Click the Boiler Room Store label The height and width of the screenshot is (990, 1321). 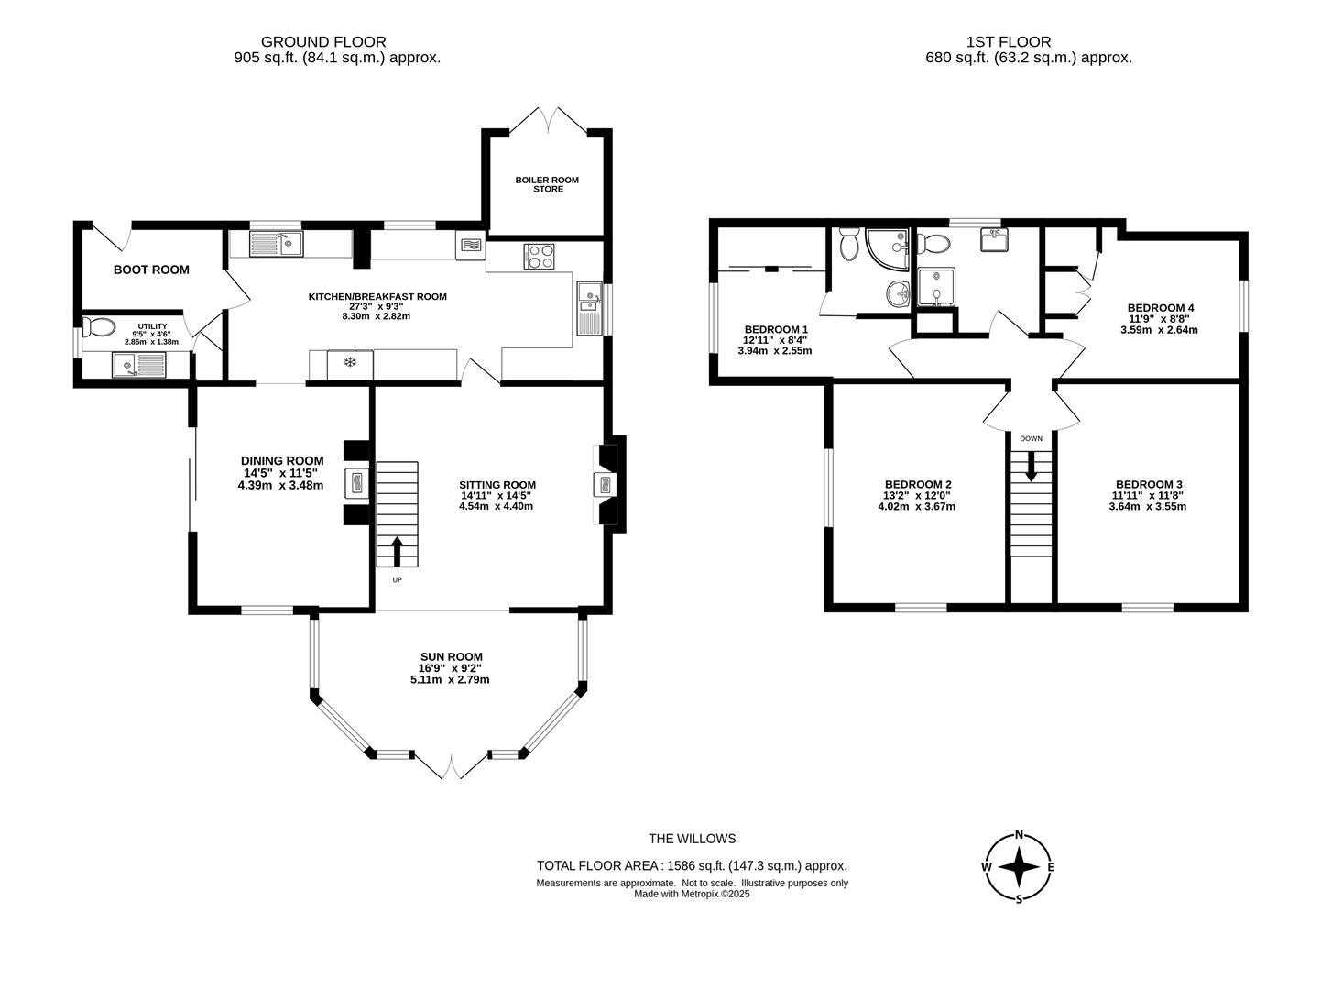click(547, 184)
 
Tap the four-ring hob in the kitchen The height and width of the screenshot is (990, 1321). click(539, 256)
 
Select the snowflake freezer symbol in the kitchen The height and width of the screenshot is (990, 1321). click(349, 362)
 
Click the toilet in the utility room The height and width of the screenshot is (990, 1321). click(98, 327)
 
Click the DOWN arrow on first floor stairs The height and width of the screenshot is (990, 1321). click(1031, 466)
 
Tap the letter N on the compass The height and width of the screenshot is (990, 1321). click(1019, 834)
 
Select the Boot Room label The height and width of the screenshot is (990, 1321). click(151, 269)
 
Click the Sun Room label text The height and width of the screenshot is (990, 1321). click(451, 656)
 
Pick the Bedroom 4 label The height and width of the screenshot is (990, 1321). click(1161, 308)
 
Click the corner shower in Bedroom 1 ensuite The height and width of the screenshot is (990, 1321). click(887, 249)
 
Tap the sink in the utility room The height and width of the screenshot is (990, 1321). click(138, 365)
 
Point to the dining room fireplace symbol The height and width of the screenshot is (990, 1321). click(355, 483)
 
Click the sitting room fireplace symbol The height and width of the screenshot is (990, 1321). click(605, 484)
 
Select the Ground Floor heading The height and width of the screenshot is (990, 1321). click(323, 42)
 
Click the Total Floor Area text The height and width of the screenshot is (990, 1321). click(692, 866)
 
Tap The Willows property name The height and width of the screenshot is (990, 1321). click(692, 838)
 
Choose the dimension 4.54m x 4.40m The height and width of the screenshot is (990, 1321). click(496, 506)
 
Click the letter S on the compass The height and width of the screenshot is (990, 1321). click(1019, 899)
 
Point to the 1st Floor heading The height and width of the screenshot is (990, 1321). click(1009, 42)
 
